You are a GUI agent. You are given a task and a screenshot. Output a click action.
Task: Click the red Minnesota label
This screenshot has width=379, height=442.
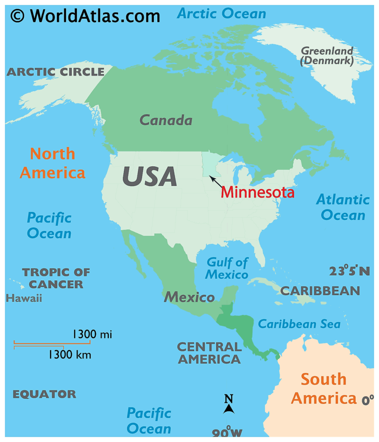point(257,192)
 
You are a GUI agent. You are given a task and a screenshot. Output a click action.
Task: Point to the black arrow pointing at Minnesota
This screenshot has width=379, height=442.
point(216,182)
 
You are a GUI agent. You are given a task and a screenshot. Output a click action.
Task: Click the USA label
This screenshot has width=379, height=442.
point(149,176)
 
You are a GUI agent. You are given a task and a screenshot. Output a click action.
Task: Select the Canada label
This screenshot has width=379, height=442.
point(166,120)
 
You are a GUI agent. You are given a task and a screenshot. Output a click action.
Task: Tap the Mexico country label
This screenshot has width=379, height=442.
point(189,298)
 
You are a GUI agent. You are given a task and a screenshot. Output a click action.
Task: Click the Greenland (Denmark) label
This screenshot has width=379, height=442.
point(327,56)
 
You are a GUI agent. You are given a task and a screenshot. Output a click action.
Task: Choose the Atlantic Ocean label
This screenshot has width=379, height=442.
point(343,207)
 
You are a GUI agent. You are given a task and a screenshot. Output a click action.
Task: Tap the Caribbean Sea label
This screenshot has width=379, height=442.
point(299,324)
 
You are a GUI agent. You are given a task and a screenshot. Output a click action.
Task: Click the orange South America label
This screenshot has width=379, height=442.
point(323,389)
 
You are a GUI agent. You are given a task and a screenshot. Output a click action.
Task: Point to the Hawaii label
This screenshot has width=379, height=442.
point(24,298)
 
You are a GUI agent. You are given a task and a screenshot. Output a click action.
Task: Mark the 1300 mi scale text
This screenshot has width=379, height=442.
point(92,334)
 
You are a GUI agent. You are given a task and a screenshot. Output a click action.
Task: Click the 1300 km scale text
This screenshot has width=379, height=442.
point(70,355)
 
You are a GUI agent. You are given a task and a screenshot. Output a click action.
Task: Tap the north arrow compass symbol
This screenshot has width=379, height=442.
point(229,404)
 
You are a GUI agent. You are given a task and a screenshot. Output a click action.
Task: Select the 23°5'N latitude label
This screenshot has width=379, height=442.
point(349,271)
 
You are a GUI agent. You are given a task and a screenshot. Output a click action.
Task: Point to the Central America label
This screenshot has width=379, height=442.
point(209,353)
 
